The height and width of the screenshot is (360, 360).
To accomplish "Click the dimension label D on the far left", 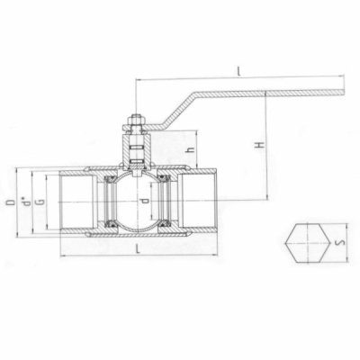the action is pyautogui.click(x=11, y=202).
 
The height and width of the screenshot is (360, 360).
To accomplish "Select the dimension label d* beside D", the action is pyautogui.click(x=26, y=202).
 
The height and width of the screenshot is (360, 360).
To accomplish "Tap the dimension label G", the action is pyautogui.click(x=40, y=202).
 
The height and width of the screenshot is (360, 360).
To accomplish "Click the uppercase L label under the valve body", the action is pyautogui.click(x=138, y=248).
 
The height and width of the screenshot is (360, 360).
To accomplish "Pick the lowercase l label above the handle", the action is pyautogui.click(x=238, y=71).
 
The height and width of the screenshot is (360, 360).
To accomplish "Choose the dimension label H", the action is pyautogui.click(x=259, y=145).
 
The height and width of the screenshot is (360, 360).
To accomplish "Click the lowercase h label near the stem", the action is pyautogui.click(x=190, y=149).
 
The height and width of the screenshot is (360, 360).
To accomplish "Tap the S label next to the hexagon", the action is pyautogui.click(x=342, y=242).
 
